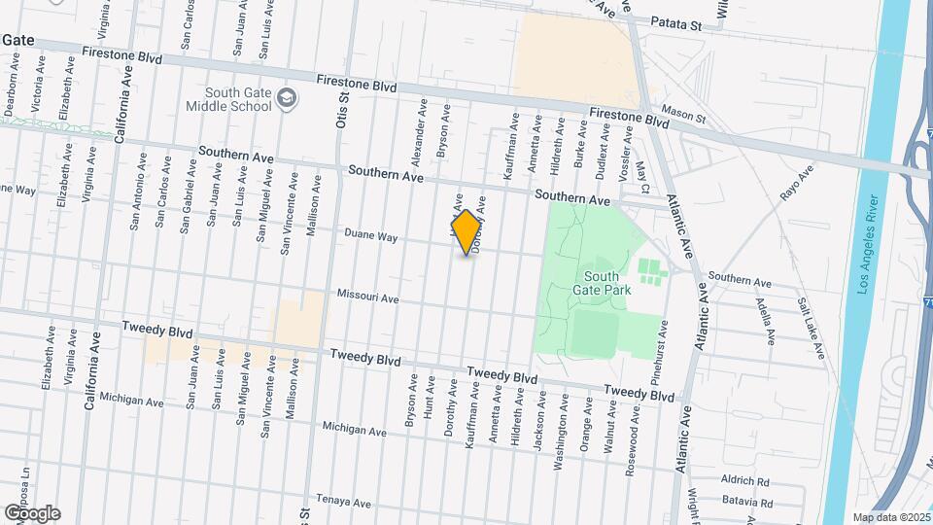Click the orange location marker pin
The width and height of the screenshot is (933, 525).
tap(466, 232)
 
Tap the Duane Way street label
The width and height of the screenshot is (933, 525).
tap(373, 235)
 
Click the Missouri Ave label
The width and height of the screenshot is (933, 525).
tap(367, 296)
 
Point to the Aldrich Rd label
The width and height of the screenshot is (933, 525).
tap(745, 481)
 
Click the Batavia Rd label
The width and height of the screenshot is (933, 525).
tap(746, 503)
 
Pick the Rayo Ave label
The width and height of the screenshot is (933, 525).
tap(797, 184)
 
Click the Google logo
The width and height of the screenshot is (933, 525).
tap(31, 512)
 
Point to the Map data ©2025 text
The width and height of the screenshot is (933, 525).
tap(891, 517)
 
